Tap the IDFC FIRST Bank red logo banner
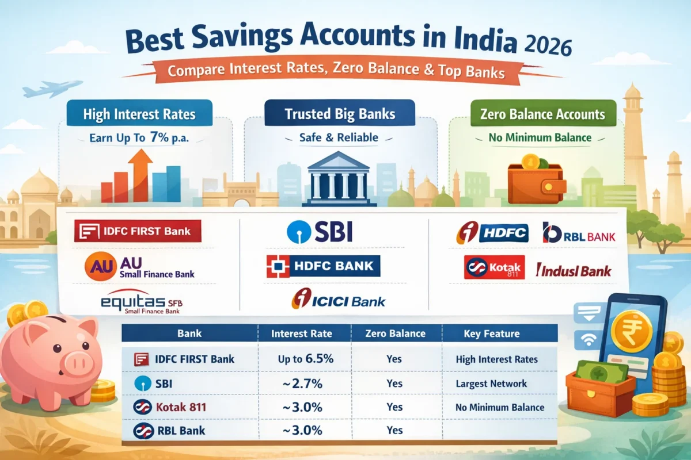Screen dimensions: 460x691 pos(138,232)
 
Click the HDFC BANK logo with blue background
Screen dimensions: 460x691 pos(323,266)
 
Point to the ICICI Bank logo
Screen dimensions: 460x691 pos(338,300)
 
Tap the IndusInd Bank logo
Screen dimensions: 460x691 pos(573,270)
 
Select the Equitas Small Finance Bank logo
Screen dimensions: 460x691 pos(141,303)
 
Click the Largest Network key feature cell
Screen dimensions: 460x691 pos(491,384)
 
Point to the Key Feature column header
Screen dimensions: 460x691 pos(491,333)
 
